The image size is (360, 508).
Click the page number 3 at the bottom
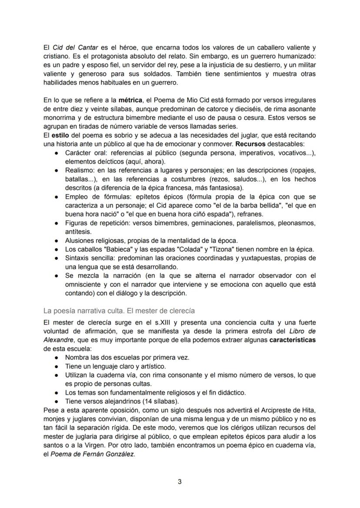[x=180, y=481]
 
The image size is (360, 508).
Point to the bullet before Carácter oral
[x=57, y=153]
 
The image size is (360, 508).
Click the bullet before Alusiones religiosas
[x=57, y=240]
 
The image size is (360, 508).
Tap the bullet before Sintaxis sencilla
[x=57, y=258]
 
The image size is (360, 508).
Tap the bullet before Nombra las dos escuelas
[x=57, y=358]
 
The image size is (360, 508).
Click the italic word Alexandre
[x=61, y=340]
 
